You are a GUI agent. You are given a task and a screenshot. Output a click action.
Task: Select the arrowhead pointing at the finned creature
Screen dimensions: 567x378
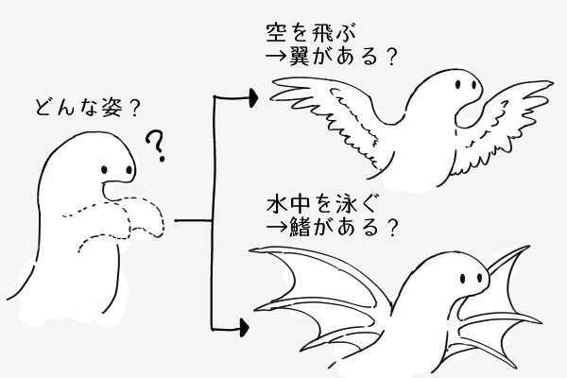[x=243, y=329]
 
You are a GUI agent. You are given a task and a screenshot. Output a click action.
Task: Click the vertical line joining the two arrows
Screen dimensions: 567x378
[x=216, y=213]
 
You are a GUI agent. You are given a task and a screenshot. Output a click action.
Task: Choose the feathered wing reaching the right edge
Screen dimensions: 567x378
[x=510, y=118]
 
